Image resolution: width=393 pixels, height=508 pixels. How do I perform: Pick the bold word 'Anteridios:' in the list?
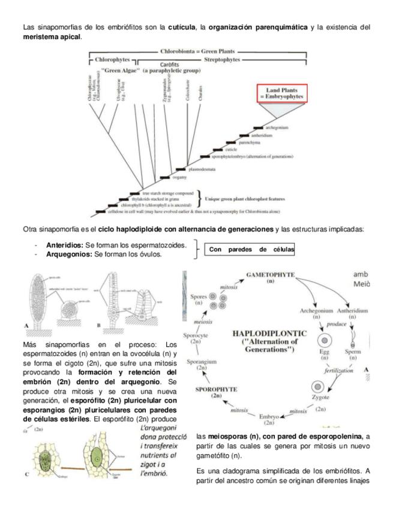tap(65, 246)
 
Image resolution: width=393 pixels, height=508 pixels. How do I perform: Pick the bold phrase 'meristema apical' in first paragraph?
tap(50, 37)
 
